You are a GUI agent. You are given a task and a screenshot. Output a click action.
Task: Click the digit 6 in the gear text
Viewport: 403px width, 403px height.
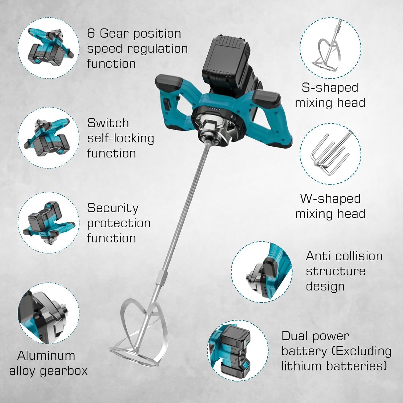click(91, 33)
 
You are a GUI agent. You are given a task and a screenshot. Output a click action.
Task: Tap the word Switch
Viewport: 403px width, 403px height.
click(108, 123)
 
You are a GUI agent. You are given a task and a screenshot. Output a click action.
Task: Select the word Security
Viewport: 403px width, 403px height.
click(113, 208)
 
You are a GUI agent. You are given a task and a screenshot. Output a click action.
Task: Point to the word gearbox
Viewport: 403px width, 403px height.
click(64, 371)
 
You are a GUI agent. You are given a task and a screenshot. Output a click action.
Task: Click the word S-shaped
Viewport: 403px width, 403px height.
click(330, 88)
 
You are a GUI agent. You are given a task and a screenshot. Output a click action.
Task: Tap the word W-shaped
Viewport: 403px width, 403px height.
click(330, 199)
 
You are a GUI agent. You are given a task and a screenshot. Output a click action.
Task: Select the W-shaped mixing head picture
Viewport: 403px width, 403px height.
click(330, 154)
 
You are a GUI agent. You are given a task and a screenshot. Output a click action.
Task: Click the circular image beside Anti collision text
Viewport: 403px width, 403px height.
click(262, 272)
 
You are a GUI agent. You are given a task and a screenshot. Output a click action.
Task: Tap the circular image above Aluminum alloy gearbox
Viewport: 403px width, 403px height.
click(49, 313)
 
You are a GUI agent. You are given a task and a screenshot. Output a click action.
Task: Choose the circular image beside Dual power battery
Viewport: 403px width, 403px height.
click(238, 350)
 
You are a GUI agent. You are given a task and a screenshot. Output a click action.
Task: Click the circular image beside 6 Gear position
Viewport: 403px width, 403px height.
click(49, 48)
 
